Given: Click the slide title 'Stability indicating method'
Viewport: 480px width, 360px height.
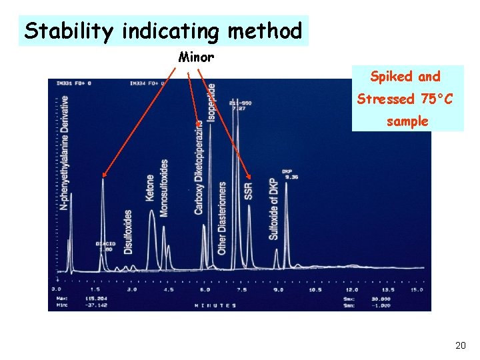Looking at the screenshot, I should click(163, 31).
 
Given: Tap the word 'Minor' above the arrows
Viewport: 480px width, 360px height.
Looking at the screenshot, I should click(196, 57).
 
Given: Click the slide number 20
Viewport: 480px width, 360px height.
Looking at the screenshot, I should click(460, 345).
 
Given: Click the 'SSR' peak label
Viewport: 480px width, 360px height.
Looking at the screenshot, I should click(249, 191).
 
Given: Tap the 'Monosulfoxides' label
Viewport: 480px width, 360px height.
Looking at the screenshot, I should click(164, 189).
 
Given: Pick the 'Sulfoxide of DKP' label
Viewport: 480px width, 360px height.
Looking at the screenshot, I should click(273, 207).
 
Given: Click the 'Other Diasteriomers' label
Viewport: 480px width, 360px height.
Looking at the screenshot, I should click(222, 217).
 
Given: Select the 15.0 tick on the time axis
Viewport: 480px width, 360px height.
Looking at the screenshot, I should click(417, 290).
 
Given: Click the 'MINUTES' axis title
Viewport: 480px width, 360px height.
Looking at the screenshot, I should click(215, 305).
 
